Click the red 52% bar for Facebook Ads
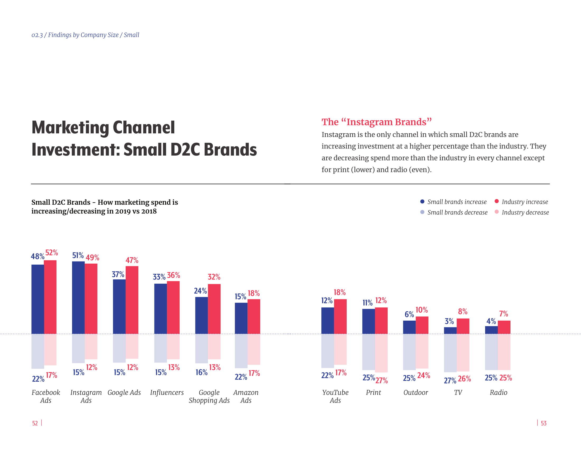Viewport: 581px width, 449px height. (x=50, y=297)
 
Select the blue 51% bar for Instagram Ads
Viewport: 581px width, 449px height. (x=78, y=297)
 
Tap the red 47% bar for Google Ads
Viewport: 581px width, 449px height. (x=132, y=300)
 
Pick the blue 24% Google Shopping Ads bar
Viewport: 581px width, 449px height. (x=202, y=315)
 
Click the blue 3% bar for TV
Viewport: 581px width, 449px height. (x=450, y=330)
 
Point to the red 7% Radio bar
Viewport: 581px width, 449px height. (x=504, y=327)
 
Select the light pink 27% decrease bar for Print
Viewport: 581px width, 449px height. (x=381, y=353)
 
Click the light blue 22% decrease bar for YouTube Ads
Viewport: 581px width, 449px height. (x=327, y=350)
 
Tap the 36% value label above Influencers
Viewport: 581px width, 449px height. (x=174, y=275)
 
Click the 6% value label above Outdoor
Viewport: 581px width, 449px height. (x=409, y=314)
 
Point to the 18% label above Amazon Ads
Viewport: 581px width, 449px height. (x=254, y=293)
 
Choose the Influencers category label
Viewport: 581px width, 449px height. (x=167, y=392)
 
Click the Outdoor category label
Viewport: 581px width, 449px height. (x=415, y=392)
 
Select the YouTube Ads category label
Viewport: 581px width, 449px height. (x=335, y=396)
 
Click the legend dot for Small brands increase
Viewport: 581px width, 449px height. (x=422, y=202)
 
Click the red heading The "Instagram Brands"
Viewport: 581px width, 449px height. (x=376, y=122)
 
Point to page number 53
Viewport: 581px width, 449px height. (x=543, y=423)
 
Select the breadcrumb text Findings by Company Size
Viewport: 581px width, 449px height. (x=83, y=35)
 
